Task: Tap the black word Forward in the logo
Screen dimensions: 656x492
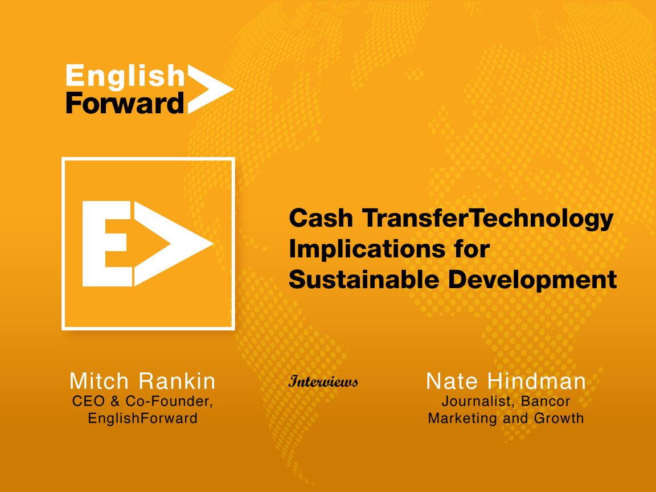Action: coord(125,103)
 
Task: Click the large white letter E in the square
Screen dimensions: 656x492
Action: coord(107,244)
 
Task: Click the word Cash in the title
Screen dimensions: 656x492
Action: coord(321,219)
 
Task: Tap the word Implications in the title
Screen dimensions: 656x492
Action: coord(367,250)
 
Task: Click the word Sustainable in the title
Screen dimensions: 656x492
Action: coord(363,280)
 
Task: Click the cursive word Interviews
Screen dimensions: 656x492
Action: coord(323,381)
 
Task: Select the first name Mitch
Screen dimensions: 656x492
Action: coord(99,381)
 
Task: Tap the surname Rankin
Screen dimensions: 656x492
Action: coord(177,381)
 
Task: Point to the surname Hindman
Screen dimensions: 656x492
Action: coord(537,381)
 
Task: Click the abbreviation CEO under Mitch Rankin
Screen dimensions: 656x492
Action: coord(88,401)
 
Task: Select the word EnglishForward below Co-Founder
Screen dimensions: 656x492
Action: coord(142,418)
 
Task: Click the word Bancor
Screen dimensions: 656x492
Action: coord(546,401)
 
